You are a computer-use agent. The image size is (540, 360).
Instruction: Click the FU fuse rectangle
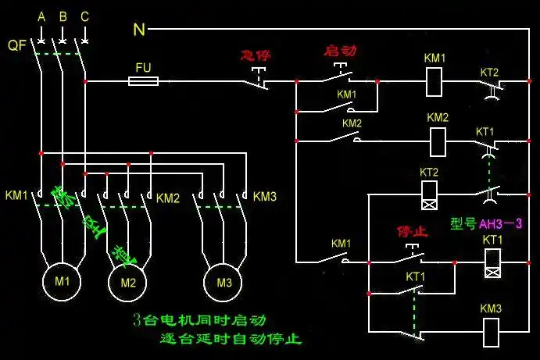[x=143, y=80]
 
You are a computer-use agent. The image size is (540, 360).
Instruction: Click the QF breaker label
[x=17, y=45]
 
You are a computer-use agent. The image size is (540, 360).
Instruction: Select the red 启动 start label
[x=340, y=51]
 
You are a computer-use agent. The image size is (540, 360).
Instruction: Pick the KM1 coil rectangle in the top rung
[x=435, y=80]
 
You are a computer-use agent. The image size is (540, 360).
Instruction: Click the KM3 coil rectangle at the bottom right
[x=492, y=332]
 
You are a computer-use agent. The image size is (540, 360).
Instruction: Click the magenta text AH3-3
[x=499, y=223]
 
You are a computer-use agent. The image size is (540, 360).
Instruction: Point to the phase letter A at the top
[x=41, y=16]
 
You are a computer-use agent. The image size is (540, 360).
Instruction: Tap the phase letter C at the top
[x=84, y=16]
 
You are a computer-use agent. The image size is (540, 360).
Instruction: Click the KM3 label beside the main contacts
[x=265, y=196]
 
